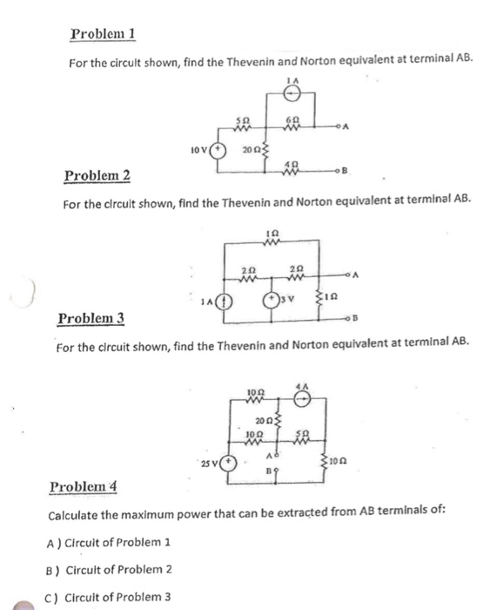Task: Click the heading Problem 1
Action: pos(103,34)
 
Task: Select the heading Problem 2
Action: pos(97,176)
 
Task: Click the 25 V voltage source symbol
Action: pos(230,462)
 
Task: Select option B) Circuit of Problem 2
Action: pos(111,568)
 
